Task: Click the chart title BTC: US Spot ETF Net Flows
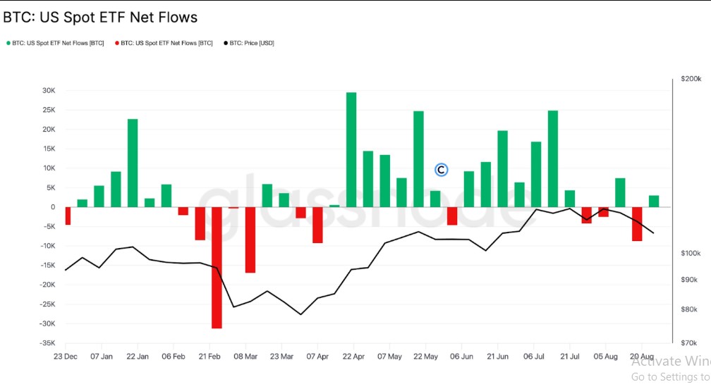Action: (x=100, y=17)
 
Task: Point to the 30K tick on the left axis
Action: (x=49, y=91)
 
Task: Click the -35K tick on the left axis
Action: (x=47, y=343)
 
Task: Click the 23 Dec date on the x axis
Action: (x=66, y=357)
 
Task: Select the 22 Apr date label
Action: (x=353, y=357)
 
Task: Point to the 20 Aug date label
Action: (x=641, y=357)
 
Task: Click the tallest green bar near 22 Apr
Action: (x=351, y=149)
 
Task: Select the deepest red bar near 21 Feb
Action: (x=217, y=267)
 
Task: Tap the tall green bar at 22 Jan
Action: (x=133, y=163)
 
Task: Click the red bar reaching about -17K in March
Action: (x=250, y=240)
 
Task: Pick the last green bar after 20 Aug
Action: (x=654, y=201)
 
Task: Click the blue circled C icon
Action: (x=442, y=169)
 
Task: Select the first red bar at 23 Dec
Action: (x=68, y=216)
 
